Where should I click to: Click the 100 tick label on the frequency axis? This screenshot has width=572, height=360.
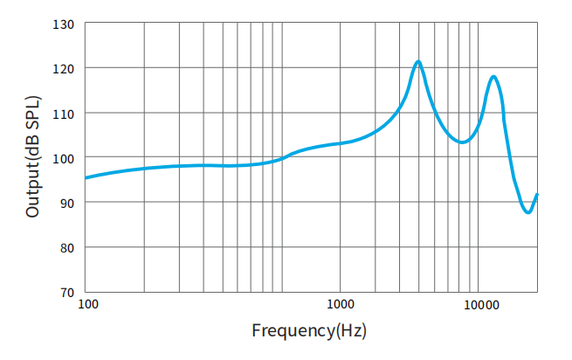(87, 304)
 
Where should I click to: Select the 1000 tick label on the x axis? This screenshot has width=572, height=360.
(340, 304)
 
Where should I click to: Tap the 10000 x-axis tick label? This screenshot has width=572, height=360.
(480, 304)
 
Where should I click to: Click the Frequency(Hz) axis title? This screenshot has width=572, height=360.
(308, 331)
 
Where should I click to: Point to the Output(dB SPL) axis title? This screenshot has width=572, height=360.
(33, 157)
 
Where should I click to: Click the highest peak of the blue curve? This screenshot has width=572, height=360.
(418, 61)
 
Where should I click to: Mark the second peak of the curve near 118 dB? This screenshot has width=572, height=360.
(494, 77)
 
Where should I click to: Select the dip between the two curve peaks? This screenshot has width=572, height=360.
(463, 142)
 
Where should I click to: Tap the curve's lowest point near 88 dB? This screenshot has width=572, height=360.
(527, 211)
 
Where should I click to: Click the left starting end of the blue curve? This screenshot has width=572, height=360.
(85, 178)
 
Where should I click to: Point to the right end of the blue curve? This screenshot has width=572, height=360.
(537, 194)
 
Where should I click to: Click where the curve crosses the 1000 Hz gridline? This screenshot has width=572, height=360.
(340, 142)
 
